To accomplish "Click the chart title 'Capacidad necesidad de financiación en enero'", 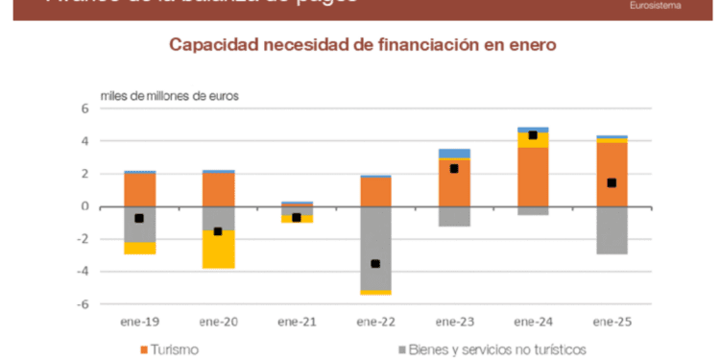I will (363, 45).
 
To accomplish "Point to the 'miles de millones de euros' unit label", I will (170, 95).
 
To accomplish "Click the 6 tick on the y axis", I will (84, 108).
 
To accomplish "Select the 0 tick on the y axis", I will (84, 206).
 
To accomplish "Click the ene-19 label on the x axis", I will (139, 321).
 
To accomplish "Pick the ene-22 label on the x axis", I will (375, 321).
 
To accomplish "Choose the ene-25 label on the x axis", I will (612, 321).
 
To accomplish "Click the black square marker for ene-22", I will (375, 264).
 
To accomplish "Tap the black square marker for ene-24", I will (533, 135).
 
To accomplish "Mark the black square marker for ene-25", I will (612, 182).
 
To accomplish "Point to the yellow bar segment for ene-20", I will (218, 250).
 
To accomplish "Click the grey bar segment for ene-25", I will (612, 229).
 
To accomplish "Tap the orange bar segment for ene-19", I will (139, 190).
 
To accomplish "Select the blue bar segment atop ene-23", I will (454, 154).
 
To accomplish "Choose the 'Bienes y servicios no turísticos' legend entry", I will (489, 348).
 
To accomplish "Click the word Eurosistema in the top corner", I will (657, 5).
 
